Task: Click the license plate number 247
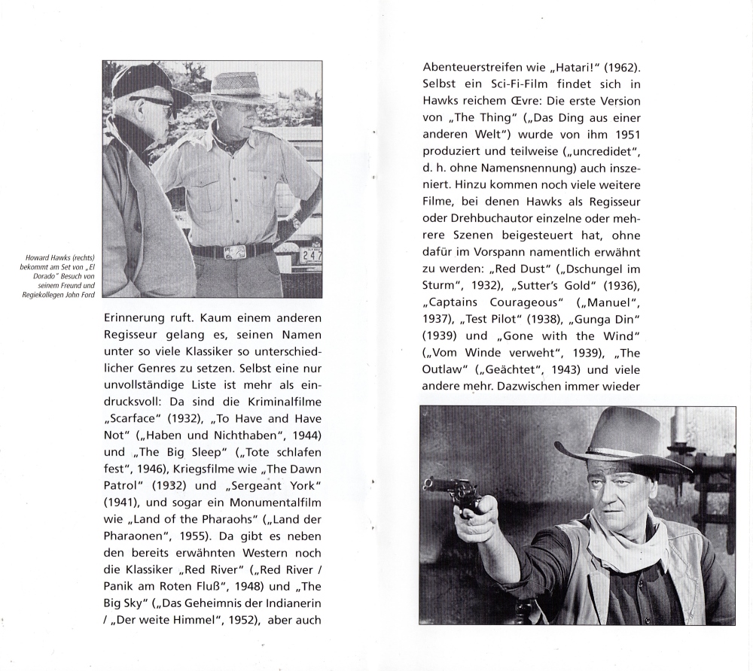310,256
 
